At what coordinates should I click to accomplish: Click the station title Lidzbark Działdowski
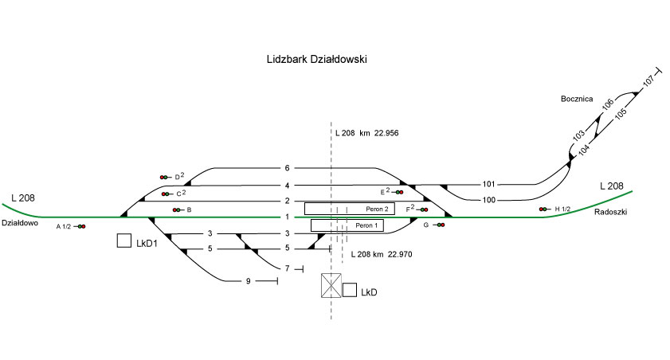tap(316, 60)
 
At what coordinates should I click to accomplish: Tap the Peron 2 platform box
tap(349, 209)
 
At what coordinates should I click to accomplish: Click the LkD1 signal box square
tap(123, 240)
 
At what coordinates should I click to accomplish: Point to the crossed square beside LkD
tap(331, 286)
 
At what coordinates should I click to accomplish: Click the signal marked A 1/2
tap(81, 227)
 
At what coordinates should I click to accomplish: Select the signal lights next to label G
tap(440, 225)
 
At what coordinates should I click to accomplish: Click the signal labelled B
tap(176, 209)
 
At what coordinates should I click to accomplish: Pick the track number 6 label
tap(287, 168)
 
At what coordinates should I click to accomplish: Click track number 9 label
tap(248, 281)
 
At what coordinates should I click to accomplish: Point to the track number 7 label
tap(287, 268)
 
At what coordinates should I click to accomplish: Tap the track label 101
tap(488, 184)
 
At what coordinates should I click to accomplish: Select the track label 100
tap(488, 199)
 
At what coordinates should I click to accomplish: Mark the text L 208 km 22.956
tap(366, 131)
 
